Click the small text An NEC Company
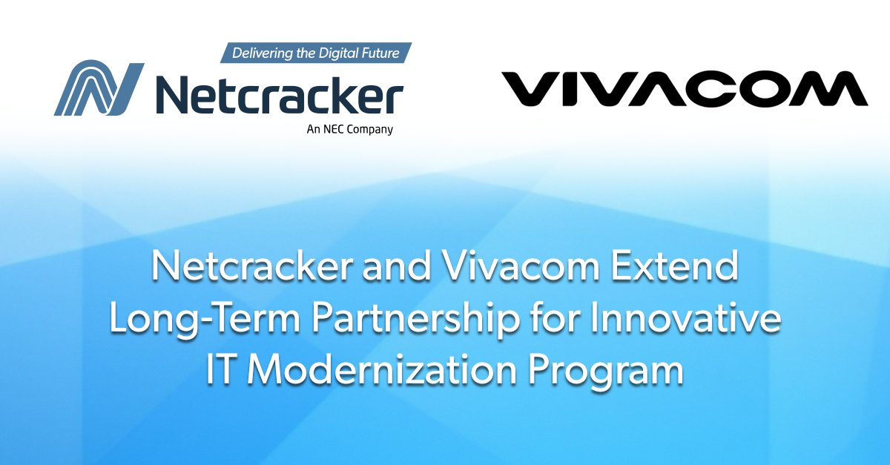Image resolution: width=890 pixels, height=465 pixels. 349,129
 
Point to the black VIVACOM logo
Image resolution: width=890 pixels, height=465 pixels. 685,89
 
